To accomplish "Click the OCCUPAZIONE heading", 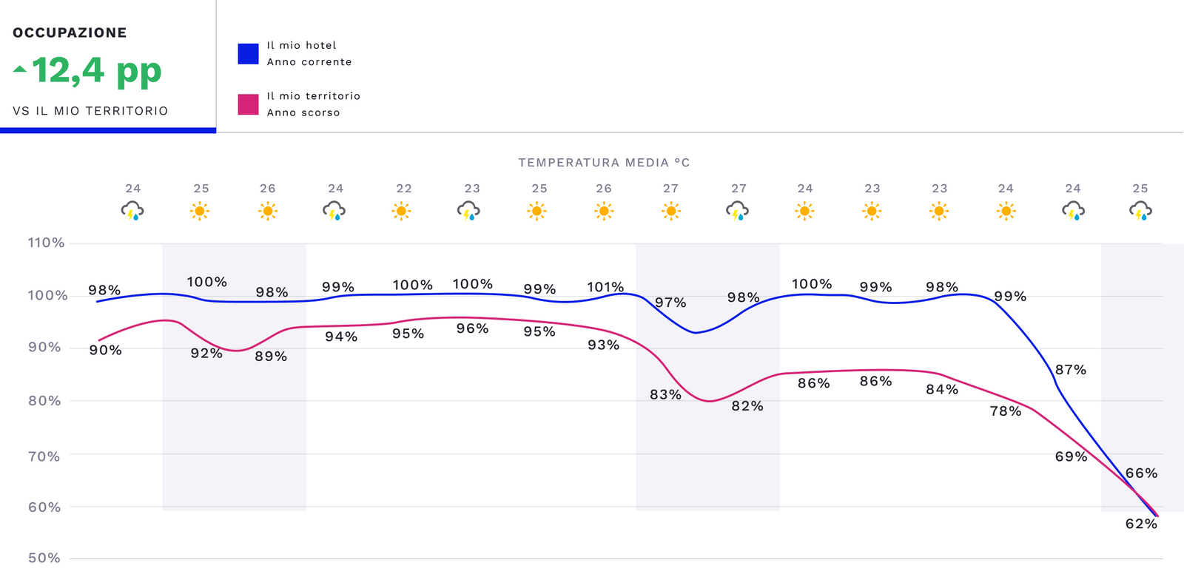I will click(x=70, y=33).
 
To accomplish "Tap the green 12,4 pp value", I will click(x=96, y=71).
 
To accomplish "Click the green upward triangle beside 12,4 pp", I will click(x=20, y=70).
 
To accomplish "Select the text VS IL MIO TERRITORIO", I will click(x=90, y=111).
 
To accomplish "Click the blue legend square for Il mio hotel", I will click(x=248, y=54).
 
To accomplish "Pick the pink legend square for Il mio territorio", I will click(x=248, y=104).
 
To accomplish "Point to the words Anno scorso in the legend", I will click(x=303, y=112).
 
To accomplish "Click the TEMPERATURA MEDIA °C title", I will click(x=604, y=163).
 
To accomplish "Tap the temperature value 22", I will click(x=404, y=189).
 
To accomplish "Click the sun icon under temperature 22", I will click(x=402, y=212).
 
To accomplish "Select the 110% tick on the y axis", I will click(x=46, y=243).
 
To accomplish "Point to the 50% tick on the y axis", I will click(x=44, y=558).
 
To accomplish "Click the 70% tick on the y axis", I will click(x=44, y=456).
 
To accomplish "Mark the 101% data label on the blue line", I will click(x=605, y=287).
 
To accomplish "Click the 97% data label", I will click(x=670, y=303).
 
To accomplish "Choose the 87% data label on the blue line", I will click(x=1071, y=370).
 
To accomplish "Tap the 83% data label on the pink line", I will click(x=665, y=395).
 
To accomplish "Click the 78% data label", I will click(x=1006, y=411).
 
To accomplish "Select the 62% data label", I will click(x=1141, y=524).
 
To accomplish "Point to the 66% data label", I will click(x=1141, y=473).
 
